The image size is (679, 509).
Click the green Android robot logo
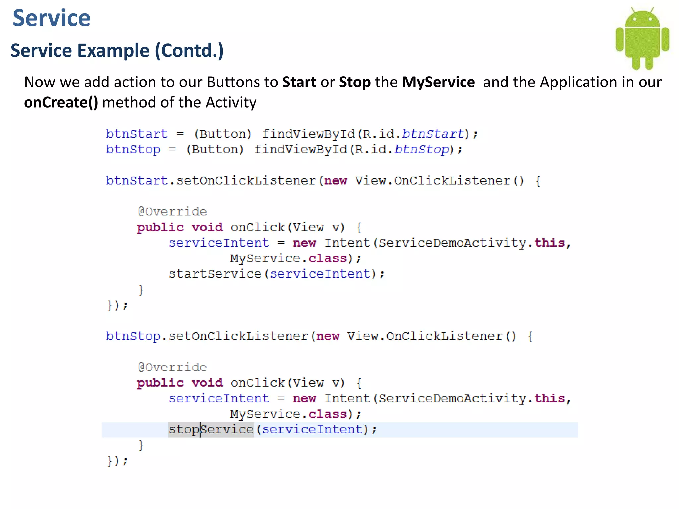coord(642,38)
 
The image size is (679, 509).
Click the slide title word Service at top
coord(51,18)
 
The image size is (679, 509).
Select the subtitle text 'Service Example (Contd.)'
coord(117,51)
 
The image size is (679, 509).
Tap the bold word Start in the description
coord(299,82)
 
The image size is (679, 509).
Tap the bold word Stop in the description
coord(355,82)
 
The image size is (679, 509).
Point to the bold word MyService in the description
coord(438,82)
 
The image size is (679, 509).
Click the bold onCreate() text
coord(61,102)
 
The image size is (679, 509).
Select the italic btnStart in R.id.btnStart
coord(433,134)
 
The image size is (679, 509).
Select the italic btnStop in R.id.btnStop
coord(421,149)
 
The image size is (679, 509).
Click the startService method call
coord(215,274)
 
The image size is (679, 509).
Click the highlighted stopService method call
coord(211,430)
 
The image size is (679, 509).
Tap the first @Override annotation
coord(172,212)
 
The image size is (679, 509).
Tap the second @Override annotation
coord(172,368)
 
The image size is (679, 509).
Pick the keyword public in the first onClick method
coord(160,228)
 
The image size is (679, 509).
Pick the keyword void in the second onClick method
coord(207,383)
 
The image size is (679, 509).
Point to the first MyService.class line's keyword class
coord(328,258)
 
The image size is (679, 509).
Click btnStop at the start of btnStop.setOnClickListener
coord(133,336)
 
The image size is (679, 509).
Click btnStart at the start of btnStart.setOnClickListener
coord(137,181)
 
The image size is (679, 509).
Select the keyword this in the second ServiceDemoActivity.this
coord(549,398)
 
